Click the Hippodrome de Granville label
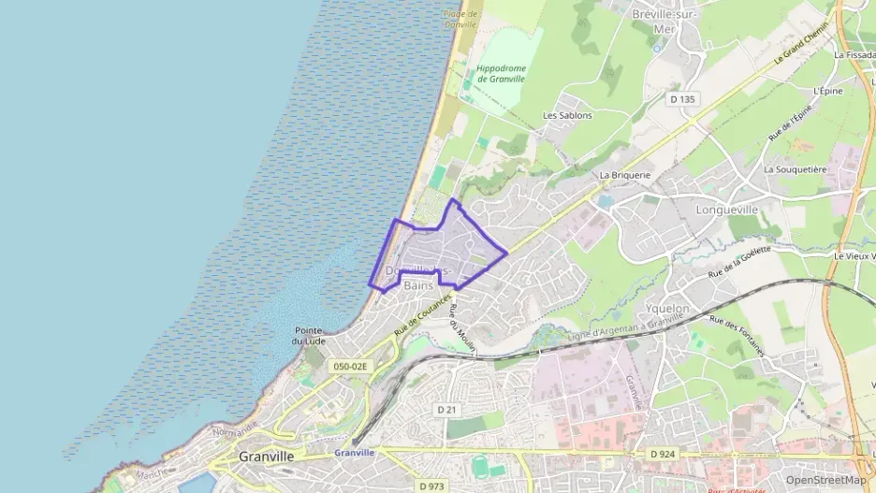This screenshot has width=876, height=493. (501, 74)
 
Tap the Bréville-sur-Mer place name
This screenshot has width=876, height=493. (665, 22)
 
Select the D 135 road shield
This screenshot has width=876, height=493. (684, 98)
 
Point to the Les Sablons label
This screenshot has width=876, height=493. (568, 116)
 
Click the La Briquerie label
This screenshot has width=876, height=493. (624, 175)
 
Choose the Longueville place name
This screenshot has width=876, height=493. (727, 210)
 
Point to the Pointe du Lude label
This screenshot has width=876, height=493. (309, 336)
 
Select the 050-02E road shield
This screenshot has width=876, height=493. (351, 367)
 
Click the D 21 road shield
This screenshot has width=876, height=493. (445, 410)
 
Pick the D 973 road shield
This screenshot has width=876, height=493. (431, 486)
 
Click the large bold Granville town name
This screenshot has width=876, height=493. (267, 457)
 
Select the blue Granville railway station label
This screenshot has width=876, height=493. (354, 453)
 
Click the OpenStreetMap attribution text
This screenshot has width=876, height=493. (825, 480)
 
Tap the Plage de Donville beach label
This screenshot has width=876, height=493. (460, 20)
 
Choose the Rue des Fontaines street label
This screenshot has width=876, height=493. (737, 337)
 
